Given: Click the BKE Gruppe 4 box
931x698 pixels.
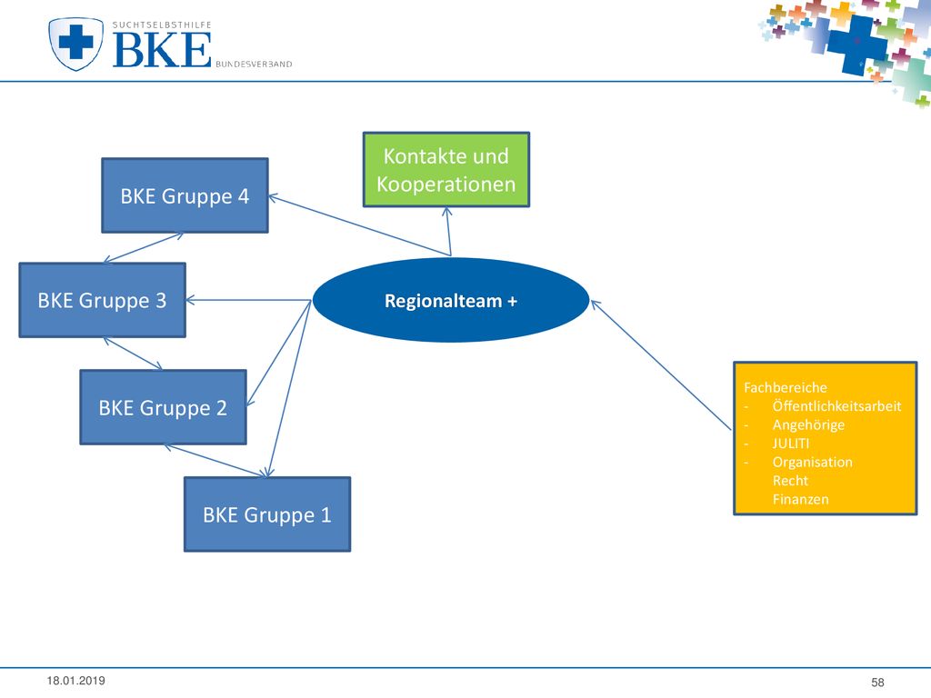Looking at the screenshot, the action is pyautogui.click(x=185, y=195).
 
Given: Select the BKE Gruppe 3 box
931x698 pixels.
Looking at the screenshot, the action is pyautogui.click(x=102, y=300).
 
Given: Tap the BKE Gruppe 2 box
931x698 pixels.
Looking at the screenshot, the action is pyautogui.click(x=164, y=407).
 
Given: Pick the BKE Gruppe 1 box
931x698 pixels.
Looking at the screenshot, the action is pyautogui.click(x=267, y=514).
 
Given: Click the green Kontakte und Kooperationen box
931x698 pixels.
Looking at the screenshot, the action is pyautogui.click(x=445, y=170).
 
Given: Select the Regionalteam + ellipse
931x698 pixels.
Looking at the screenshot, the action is pyautogui.click(x=451, y=300).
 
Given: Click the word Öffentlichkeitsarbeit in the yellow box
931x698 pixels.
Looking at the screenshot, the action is pyautogui.click(x=836, y=406).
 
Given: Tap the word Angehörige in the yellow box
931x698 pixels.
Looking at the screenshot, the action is pyautogui.click(x=808, y=425).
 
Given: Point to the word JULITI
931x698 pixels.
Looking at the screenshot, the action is pyautogui.click(x=790, y=444).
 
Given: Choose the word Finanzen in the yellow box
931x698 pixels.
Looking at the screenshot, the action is pyautogui.click(x=800, y=499).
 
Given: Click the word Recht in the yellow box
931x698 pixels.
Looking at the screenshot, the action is pyautogui.click(x=790, y=480).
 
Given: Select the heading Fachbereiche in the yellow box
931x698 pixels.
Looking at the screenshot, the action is pyautogui.click(x=785, y=387).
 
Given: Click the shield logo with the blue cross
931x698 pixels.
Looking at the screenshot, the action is pyautogui.click(x=75, y=44).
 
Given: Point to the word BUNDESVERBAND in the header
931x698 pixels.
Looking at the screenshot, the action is pyautogui.click(x=254, y=65).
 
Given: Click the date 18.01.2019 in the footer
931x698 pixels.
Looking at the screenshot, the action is pyautogui.click(x=76, y=681).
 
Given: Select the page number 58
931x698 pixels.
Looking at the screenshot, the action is pyautogui.click(x=877, y=683).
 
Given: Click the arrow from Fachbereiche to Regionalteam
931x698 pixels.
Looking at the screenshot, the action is pyautogui.click(x=661, y=365).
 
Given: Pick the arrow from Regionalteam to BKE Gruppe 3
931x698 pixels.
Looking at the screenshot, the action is pyautogui.click(x=248, y=300).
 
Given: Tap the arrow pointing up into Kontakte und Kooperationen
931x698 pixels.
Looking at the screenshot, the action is pyautogui.click(x=449, y=232).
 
